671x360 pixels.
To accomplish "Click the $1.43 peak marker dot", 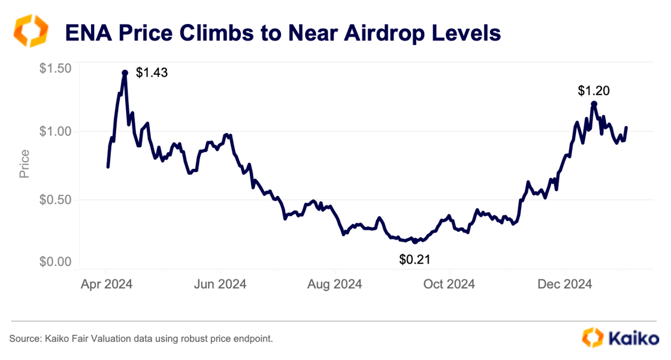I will pos(125,72).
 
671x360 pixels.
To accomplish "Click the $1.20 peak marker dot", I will pos(594,104).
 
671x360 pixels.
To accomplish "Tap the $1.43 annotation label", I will pos(152,73).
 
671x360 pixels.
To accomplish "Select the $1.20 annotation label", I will pos(593,90).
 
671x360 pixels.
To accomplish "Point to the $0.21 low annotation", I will pos(415,259).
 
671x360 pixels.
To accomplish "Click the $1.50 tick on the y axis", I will pos(55,68).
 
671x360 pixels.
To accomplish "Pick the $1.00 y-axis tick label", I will pos(55,131).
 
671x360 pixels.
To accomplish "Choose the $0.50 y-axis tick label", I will pos(55,199).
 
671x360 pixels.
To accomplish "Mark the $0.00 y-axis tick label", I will pos(55,262).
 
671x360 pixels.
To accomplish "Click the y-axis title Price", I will pos(25,164).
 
